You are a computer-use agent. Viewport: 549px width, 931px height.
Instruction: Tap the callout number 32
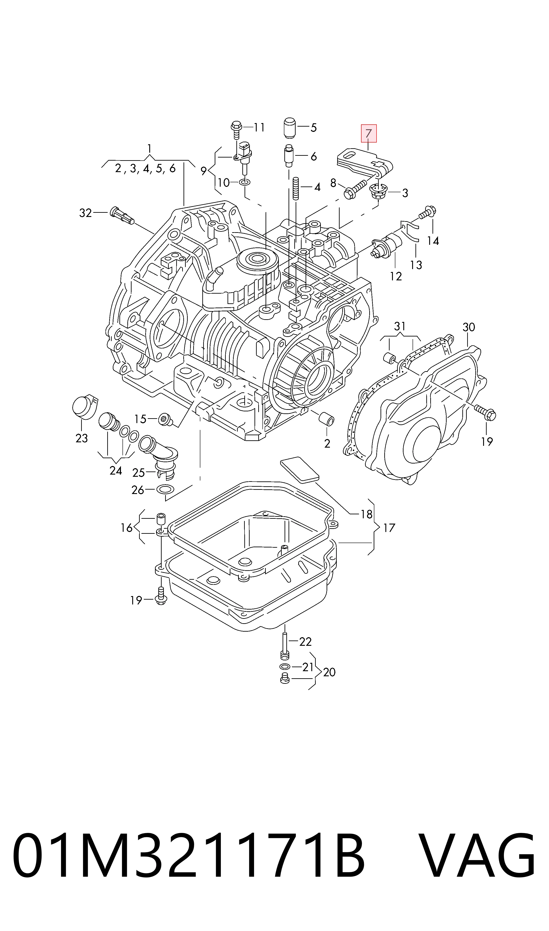86,213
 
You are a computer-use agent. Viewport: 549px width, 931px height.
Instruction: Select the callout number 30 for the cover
469,327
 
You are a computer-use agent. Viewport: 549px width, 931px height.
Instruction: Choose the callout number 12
396,276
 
